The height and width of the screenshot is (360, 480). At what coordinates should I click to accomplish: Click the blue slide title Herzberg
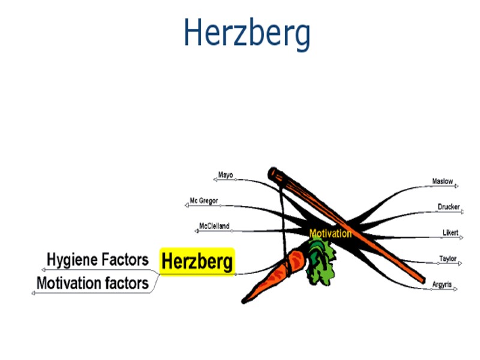pos(247,33)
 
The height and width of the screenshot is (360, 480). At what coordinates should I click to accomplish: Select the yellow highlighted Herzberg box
pos(197,262)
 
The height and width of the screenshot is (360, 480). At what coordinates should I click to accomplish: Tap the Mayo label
pos(226,175)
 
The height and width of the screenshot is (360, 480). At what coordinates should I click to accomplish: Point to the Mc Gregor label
pos(204,200)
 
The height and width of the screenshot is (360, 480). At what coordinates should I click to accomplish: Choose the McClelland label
pos(214,226)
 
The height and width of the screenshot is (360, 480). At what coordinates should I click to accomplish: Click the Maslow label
pos(442,181)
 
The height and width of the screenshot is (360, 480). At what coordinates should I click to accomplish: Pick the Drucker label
pos(448,207)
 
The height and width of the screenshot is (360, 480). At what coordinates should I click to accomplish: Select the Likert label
pos(450,232)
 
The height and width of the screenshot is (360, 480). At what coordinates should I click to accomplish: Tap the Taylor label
pos(448,259)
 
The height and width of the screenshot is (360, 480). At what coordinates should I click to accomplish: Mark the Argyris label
pos(442,284)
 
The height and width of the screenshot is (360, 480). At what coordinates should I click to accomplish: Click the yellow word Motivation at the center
pos(330,233)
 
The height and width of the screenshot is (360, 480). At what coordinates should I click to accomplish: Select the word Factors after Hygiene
pos(124,260)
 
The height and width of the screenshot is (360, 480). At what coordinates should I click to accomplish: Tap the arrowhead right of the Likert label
pos(463,236)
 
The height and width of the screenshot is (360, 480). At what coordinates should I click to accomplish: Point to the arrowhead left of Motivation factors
pos(34,292)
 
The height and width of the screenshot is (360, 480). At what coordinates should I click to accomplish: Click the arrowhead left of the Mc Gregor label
pos(186,205)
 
